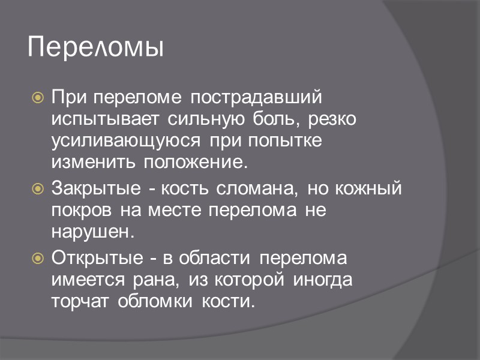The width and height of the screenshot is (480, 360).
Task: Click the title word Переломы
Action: point(95,47)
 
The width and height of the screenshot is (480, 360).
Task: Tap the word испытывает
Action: point(103,118)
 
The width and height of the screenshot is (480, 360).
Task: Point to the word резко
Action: point(332,118)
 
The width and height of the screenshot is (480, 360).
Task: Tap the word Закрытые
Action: point(99,189)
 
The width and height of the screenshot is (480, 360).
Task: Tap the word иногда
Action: point(322,280)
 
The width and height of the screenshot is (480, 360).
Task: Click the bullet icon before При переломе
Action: point(37,97)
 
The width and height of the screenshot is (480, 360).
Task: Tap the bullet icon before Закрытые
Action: point(37,190)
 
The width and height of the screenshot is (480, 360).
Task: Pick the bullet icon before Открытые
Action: point(37,259)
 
